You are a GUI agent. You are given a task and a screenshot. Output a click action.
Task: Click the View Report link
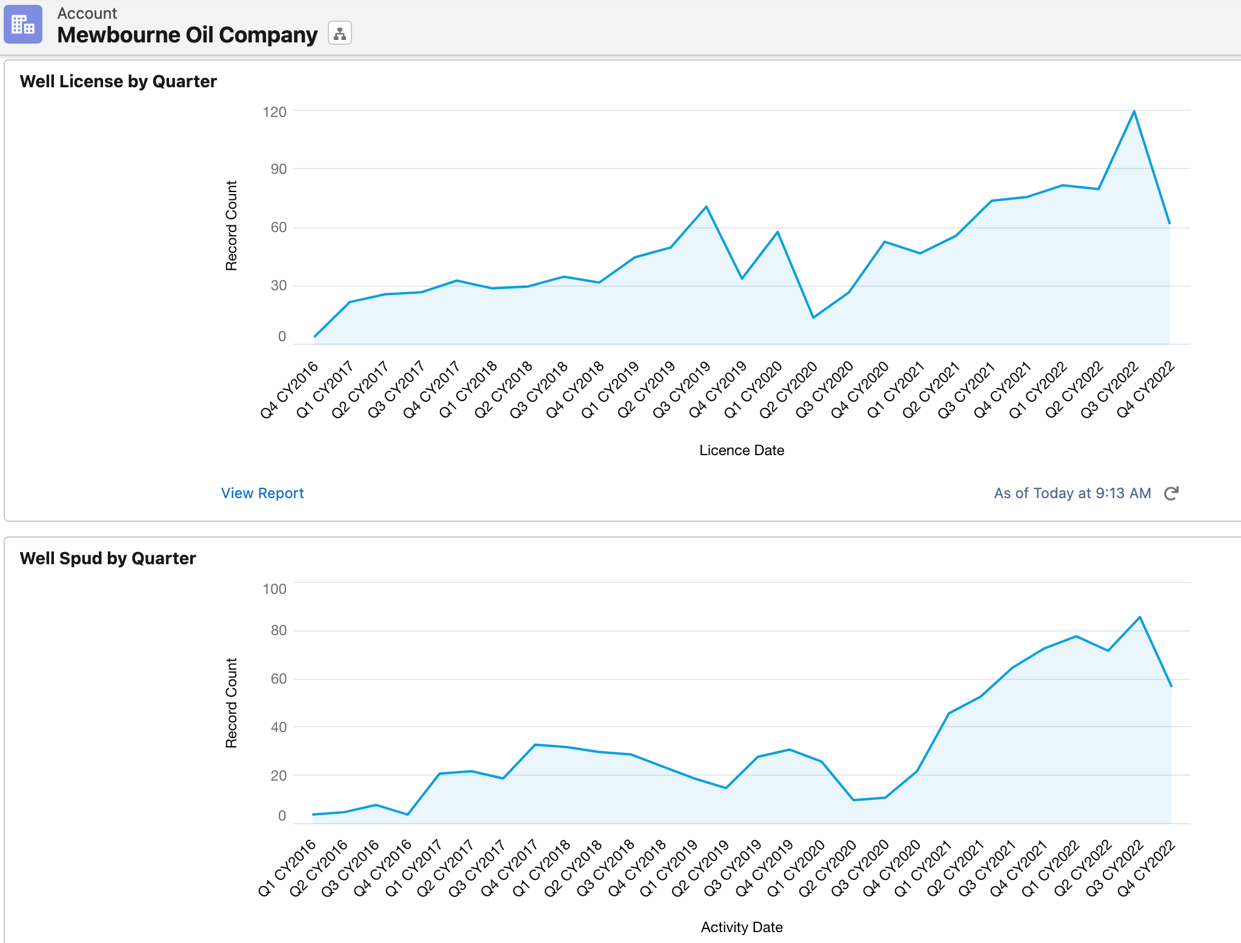[x=262, y=493]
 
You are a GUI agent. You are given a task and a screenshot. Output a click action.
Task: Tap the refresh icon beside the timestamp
[x=1171, y=493]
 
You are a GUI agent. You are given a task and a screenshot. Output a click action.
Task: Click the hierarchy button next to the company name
[x=339, y=34]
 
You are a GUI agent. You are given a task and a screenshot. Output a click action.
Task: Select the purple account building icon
[x=23, y=24]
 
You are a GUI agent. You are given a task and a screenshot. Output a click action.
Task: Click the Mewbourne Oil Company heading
[x=187, y=35]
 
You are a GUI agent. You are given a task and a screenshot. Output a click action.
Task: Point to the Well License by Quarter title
[x=118, y=81]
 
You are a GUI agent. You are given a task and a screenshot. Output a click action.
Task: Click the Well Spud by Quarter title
[x=108, y=558]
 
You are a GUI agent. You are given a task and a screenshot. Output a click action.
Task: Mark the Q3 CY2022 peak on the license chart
[x=1134, y=112]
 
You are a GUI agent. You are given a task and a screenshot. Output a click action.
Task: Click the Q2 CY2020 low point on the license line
[x=813, y=317]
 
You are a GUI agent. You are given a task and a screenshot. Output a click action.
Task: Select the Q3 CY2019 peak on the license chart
[x=707, y=207]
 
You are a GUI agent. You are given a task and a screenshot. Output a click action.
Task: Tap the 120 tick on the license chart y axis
[x=274, y=112]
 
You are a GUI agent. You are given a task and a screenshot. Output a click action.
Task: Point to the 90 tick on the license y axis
[x=278, y=169]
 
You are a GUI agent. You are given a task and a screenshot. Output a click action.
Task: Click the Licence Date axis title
[x=741, y=450]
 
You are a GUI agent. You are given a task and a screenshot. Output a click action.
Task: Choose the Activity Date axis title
[x=741, y=927]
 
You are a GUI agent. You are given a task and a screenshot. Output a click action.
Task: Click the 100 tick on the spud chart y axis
[x=274, y=589]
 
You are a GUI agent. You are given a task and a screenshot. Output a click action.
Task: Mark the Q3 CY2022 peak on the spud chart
[x=1140, y=618]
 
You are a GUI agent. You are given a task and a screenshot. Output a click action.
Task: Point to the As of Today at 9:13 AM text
[x=1072, y=493]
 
